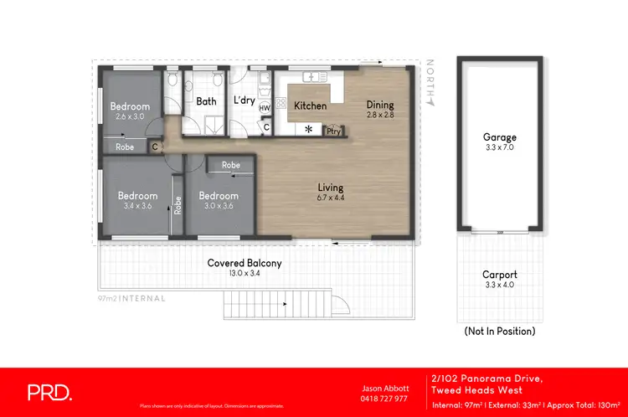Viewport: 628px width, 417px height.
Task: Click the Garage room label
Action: pyautogui.click(x=499, y=137)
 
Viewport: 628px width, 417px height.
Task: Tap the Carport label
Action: pyautogui.click(x=499, y=274)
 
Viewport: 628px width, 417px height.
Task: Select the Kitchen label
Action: pyautogui.click(x=310, y=106)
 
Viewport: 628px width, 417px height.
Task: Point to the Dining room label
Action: pyautogui.click(x=379, y=105)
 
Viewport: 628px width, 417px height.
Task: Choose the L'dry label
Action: pyautogui.click(x=244, y=100)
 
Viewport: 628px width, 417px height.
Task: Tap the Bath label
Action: pyautogui.click(x=206, y=101)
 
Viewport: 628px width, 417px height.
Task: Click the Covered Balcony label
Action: pyautogui.click(x=244, y=263)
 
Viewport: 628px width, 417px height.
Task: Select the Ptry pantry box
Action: pyautogui.click(x=333, y=131)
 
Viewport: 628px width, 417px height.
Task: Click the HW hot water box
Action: pyautogui.click(x=265, y=108)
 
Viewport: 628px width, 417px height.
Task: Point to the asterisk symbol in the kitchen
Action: pyautogui.click(x=308, y=130)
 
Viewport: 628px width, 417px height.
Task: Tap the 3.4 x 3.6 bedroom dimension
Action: pyautogui.click(x=137, y=206)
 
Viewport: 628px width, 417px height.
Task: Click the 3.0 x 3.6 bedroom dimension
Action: pyautogui.click(x=219, y=206)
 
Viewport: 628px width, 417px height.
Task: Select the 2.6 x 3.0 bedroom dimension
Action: pyautogui.click(x=130, y=116)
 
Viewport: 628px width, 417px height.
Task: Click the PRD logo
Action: pyautogui.click(x=50, y=392)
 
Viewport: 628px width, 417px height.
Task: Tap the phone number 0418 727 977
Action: pyautogui.click(x=383, y=399)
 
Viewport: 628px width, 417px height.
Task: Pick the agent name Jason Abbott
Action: pyautogui.click(x=383, y=389)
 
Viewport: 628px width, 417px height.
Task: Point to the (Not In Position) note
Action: pyautogui.click(x=499, y=331)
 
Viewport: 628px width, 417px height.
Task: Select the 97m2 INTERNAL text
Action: pyautogui.click(x=131, y=298)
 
